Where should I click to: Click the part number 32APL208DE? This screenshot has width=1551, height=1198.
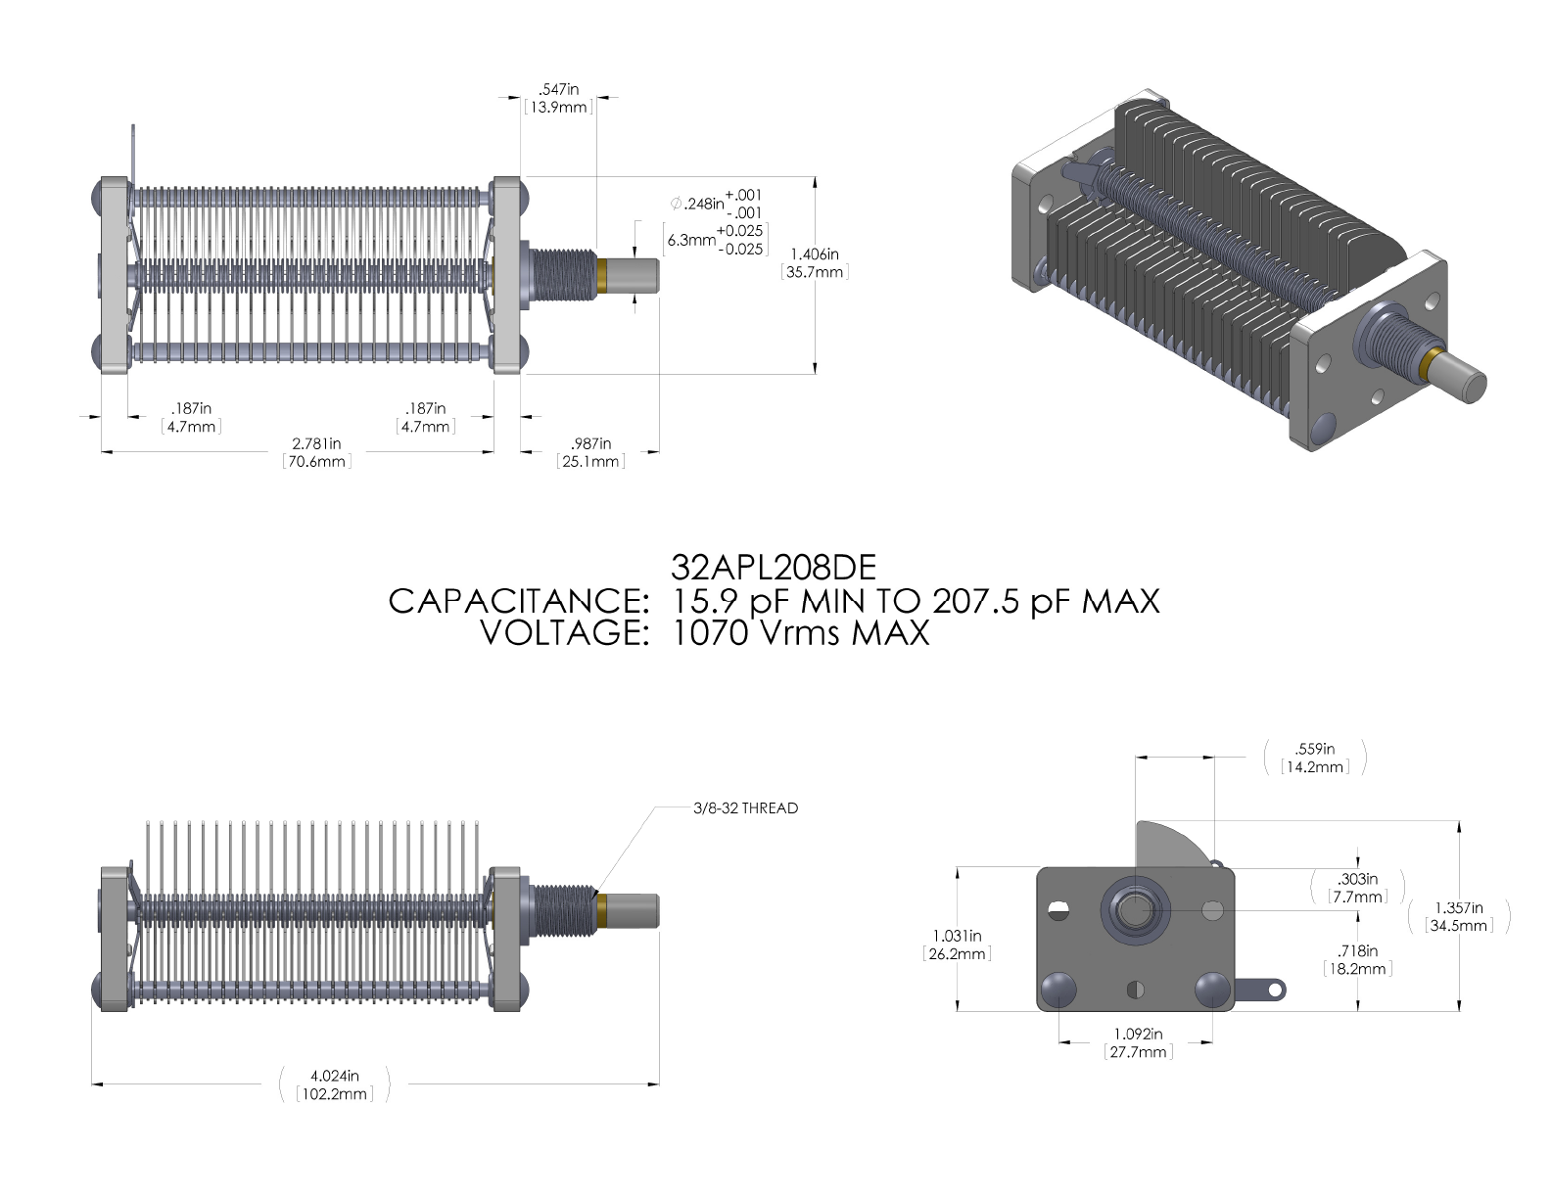(x=773, y=568)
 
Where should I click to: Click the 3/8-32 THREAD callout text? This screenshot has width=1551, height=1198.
(x=745, y=807)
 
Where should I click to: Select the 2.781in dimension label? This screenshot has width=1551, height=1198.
(x=316, y=443)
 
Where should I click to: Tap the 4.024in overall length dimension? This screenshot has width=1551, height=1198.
(x=334, y=1076)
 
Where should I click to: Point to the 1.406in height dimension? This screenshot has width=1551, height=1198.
(x=815, y=254)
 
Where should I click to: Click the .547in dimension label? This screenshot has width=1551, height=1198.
(x=558, y=89)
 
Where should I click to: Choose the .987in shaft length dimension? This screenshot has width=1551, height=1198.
(x=590, y=443)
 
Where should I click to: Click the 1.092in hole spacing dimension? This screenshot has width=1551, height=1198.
(x=1138, y=1034)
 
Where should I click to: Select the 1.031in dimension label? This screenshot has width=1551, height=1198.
(x=957, y=936)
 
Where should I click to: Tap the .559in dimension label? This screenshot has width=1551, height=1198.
(x=1314, y=749)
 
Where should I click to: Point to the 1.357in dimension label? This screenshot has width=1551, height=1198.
(x=1459, y=907)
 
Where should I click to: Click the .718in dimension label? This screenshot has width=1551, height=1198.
(x=1357, y=951)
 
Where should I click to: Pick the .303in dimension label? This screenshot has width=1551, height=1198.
(x=1357, y=879)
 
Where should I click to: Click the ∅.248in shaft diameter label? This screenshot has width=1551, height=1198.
(x=697, y=204)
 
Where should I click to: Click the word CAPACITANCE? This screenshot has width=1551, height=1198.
(x=518, y=601)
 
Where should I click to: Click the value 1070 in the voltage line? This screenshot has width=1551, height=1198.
(x=710, y=633)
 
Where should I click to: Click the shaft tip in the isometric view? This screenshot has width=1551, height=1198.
(x=1475, y=389)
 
